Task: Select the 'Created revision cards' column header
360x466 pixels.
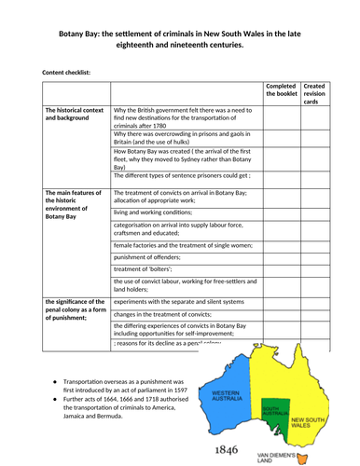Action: pyautogui.click(x=326, y=89)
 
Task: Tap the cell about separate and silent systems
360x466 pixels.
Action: pyautogui.click(x=187, y=300)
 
